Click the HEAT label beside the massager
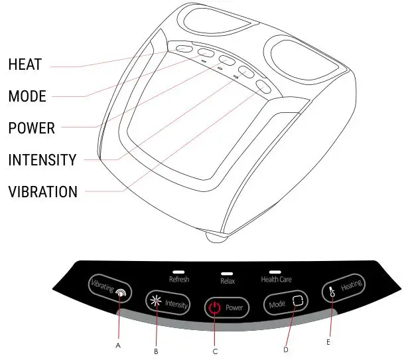click(25, 65)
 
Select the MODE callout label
click(27, 97)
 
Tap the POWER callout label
click(31, 128)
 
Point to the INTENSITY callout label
click(42, 160)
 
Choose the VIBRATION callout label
click(42, 193)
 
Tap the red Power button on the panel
click(226, 308)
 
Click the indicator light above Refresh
click(178, 271)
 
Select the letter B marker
click(156, 351)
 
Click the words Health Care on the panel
click(276, 280)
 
